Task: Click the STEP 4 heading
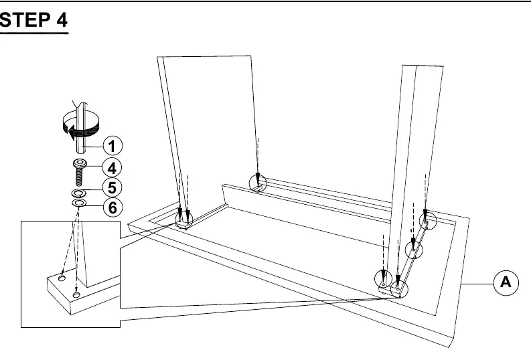34,20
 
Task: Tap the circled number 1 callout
112,146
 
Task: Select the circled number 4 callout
112,167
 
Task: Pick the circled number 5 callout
112,187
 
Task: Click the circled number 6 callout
112,207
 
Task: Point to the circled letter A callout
506,282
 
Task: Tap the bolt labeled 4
79,173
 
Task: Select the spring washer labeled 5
79,193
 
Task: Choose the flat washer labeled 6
79,203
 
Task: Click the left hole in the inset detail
62,278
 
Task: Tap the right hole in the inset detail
76,295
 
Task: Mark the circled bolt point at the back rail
258,183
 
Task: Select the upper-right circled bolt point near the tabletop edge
428,221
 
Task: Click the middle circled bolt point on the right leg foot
414,250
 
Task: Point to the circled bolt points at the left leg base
183,220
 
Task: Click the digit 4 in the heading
62,20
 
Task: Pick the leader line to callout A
477,284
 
